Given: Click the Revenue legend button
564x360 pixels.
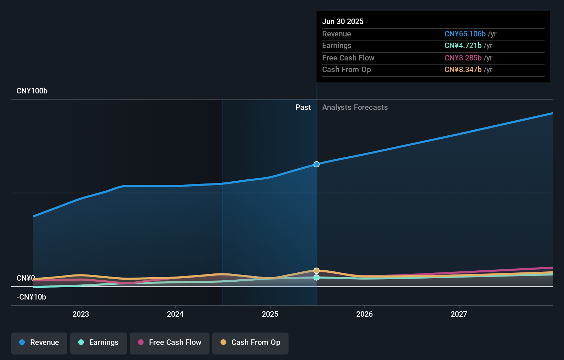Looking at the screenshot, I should tap(39, 342).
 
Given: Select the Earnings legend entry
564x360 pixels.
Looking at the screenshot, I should tap(99, 342).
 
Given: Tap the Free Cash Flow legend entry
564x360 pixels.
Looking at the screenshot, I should tap(170, 342).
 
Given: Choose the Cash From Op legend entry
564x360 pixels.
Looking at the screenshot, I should tap(250, 342).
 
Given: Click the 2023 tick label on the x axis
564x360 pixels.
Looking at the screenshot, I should tap(81, 314).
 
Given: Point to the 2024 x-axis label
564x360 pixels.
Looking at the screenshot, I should tap(175, 314).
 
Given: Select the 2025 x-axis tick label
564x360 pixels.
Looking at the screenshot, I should tap(270, 314).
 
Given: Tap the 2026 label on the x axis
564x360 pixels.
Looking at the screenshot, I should tap(364, 314).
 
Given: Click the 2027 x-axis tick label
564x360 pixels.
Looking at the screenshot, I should tap(459, 314).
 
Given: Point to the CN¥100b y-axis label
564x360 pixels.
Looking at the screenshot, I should tap(32, 91).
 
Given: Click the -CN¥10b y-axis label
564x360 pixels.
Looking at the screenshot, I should tap(31, 297).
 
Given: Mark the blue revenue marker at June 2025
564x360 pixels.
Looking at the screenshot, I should tap(316, 164).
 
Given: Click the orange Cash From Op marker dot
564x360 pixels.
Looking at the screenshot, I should tap(316, 271).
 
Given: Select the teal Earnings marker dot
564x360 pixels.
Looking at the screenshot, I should tap(316, 277).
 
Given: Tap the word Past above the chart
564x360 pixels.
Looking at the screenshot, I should tap(303, 108).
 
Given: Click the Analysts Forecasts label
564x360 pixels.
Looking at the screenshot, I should tap(355, 108).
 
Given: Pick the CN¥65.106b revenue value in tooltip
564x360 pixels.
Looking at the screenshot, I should tap(465, 34).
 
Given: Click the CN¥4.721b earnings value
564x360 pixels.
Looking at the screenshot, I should tap(463, 46).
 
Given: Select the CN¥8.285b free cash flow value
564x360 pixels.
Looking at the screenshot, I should tap(463, 58).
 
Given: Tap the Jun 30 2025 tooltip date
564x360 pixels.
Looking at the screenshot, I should tap(343, 22).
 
